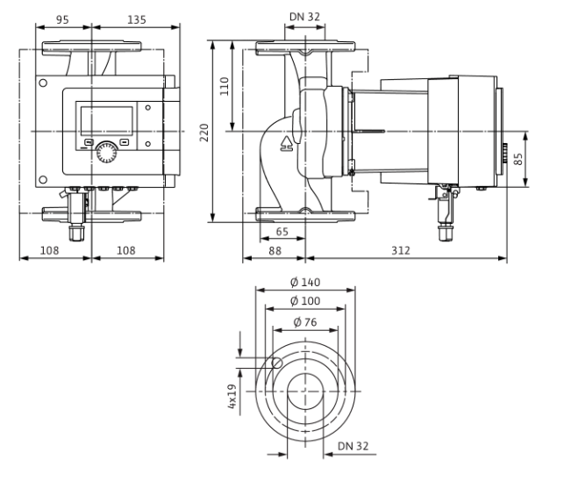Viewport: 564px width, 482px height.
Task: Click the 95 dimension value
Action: pyautogui.click(x=62, y=19)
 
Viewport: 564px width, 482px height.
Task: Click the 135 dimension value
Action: pyautogui.click(x=137, y=19)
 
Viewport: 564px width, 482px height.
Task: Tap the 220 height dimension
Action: pyautogui.click(x=204, y=133)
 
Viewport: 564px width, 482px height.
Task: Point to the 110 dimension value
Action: pyautogui.click(x=224, y=86)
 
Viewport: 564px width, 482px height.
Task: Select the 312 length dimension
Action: pyautogui.click(x=401, y=250)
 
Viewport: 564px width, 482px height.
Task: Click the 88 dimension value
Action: pyautogui.click(x=275, y=250)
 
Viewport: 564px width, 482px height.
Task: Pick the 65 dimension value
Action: pyautogui.click(x=282, y=232)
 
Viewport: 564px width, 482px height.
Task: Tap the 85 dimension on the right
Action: pyautogui.click(x=518, y=159)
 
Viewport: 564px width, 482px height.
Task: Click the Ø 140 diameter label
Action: pyautogui.click(x=305, y=282)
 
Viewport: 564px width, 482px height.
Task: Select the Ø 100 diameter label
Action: pyautogui.click(x=305, y=300)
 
